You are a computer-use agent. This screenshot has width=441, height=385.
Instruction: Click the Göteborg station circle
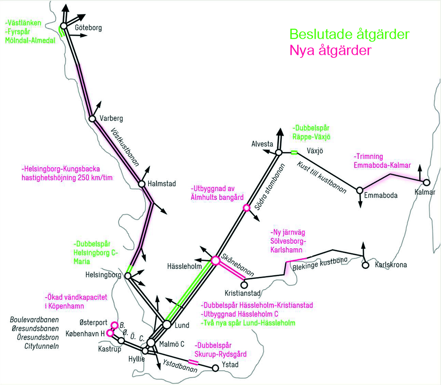click(x=63, y=26)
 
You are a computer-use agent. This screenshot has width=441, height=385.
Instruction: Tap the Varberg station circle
click(x=92, y=118)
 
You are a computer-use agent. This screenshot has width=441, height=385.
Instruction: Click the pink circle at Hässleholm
click(x=215, y=261)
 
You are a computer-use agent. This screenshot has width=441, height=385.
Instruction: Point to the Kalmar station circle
click(x=427, y=182)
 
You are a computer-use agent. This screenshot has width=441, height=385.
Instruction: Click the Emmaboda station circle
click(x=360, y=190)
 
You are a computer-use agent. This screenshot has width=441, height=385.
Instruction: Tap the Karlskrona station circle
click(x=365, y=265)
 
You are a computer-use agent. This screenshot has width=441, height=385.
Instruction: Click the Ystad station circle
click(x=215, y=368)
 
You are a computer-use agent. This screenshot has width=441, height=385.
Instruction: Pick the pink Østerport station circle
click(x=115, y=325)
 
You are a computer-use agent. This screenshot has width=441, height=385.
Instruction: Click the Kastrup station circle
click(x=121, y=341)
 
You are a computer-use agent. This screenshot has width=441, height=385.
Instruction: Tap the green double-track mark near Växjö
click(x=294, y=152)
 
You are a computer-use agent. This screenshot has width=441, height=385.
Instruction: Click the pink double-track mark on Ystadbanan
click(x=193, y=362)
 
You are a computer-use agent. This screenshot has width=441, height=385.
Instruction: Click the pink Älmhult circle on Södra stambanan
click(x=246, y=208)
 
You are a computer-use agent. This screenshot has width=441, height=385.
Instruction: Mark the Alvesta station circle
click(x=278, y=152)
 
